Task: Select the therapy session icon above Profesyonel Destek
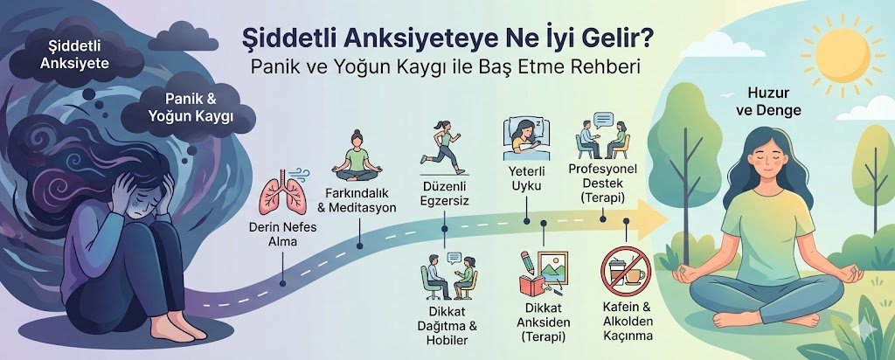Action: click(602, 135)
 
